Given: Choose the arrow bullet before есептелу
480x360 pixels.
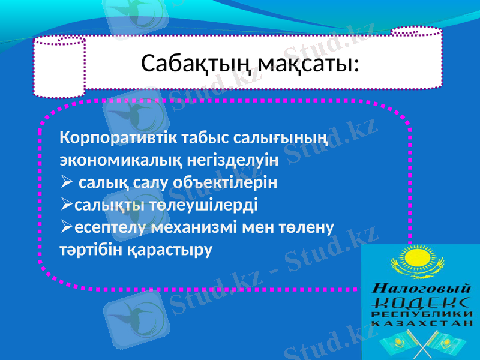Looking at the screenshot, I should tap(66, 227).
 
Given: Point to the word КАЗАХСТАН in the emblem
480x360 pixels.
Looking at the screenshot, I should tap(420, 323).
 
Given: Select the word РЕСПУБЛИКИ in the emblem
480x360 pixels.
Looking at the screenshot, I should tap(420, 314).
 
